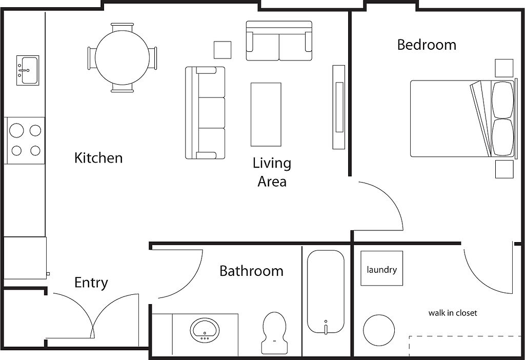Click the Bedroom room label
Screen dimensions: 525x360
[x=427, y=45]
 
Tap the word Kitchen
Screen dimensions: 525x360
[x=98, y=158]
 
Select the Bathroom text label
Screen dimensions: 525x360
[x=251, y=271]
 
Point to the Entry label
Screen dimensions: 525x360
[x=91, y=283]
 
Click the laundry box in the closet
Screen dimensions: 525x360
[x=381, y=268]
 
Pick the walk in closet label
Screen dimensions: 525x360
[x=453, y=313]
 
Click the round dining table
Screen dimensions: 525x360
[x=123, y=57]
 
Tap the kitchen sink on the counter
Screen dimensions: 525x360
[x=28, y=70]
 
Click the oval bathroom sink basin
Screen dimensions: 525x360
[x=205, y=330]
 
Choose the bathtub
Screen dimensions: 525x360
[x=326, y=291]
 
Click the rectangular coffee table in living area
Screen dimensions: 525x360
[x=266, y=114]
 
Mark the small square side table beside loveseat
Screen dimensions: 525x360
[x=223, y=50]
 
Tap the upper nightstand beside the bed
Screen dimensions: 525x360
[x=504, y=68]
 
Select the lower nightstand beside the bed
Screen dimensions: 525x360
[x=504, y=169]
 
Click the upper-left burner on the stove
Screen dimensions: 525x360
[x=16, y=130]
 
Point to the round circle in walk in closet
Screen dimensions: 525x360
[x=379, y=330]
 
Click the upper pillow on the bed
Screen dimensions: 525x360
[x=502, y=99]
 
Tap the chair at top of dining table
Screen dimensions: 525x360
[x=122, y=27]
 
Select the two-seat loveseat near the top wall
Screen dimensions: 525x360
[x=279, y=41]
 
